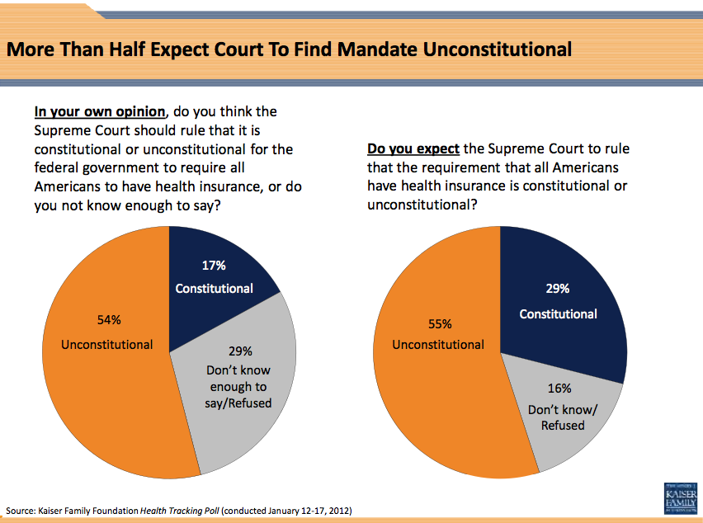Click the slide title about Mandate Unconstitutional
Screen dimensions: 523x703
tap(289, 49)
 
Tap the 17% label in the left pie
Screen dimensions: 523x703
tap(214, 266)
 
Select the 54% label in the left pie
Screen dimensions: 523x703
tap(107, 319)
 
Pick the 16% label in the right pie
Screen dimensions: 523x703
tap(559, 388)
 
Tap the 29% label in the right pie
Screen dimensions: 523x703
tap(558, 289)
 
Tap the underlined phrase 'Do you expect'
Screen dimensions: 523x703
tap(413, 149)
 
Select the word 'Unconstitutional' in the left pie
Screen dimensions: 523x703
tap(107, 344)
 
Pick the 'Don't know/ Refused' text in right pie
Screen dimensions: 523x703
tap(562, 417)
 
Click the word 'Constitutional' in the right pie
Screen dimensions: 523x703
tap(558, 314)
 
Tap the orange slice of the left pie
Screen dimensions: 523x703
tap(107, 396)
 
